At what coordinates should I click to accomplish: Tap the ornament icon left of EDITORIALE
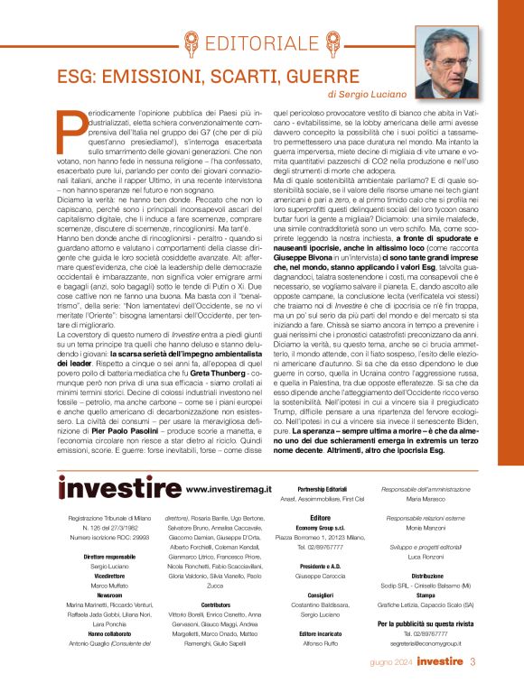[191, 42]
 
